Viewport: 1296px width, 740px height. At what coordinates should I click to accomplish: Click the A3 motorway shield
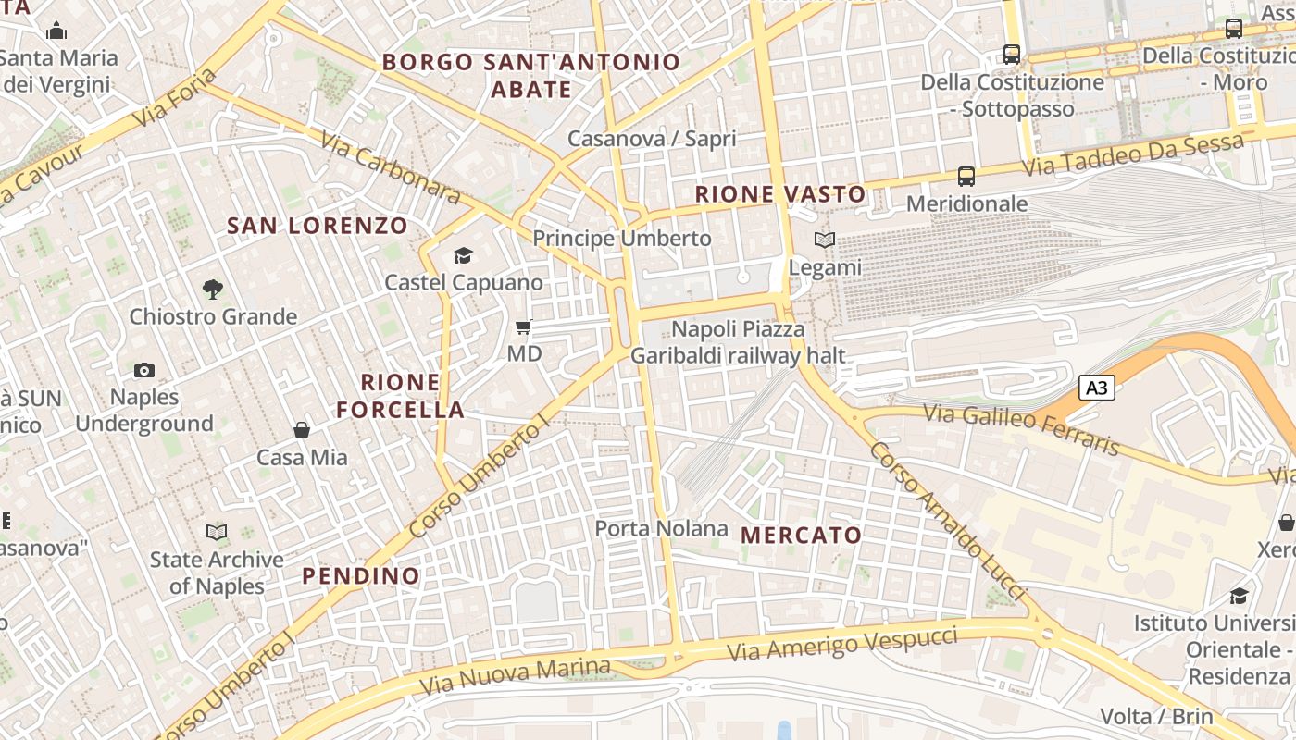(1096, 388)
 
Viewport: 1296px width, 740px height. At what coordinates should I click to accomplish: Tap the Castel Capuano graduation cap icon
(462, 256)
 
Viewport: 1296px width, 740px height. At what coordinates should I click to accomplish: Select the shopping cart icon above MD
(523, 327)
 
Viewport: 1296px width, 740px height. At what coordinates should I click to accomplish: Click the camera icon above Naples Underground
(143, 370)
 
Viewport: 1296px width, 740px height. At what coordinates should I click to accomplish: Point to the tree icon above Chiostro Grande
(212, 290)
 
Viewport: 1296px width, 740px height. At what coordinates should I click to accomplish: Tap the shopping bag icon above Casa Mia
(302, 430)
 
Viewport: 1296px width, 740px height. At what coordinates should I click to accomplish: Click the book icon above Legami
(824, 240)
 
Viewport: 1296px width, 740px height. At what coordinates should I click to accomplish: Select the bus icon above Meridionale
(966, 176)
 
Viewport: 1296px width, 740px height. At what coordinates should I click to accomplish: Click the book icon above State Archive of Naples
(217, 533)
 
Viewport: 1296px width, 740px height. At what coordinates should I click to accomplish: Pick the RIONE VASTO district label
(780, 194)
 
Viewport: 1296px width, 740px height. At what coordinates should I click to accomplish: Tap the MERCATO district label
(801, 535)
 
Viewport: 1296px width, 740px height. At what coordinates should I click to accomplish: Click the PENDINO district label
(361, 575)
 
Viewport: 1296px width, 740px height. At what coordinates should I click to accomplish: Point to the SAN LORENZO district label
(317, 225)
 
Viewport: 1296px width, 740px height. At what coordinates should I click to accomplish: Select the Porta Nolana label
(661, 528)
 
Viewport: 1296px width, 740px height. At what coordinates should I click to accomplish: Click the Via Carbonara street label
(391, 167)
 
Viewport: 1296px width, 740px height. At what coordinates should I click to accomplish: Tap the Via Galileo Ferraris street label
(1022, 430)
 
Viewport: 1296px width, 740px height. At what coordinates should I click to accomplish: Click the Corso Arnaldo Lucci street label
(949, 520)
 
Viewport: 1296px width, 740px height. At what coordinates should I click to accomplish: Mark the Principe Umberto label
(622, 238)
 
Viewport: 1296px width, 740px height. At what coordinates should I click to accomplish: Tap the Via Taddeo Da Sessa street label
(1133, 155)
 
